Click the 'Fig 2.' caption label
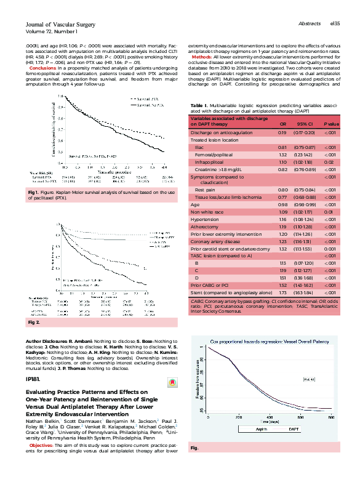coord(34,322)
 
